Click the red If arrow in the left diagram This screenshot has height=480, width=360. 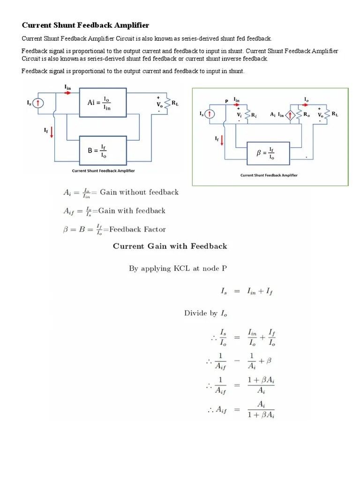click(x=51, y=132)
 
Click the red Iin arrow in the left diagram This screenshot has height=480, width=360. click(x=68, y=92)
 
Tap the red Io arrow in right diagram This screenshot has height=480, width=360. click(x=307, y=105)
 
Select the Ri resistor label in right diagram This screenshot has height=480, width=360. click(x=254, y=114)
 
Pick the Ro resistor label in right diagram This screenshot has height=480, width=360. click(x=306, y=114)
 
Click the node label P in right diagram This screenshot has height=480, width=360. click(x=226, y=101)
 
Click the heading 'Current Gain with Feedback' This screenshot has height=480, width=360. click(x=170, y=246)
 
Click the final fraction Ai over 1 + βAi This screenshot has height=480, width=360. click(x=259, y=409)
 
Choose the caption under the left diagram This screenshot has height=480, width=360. click(x=103, y=171)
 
